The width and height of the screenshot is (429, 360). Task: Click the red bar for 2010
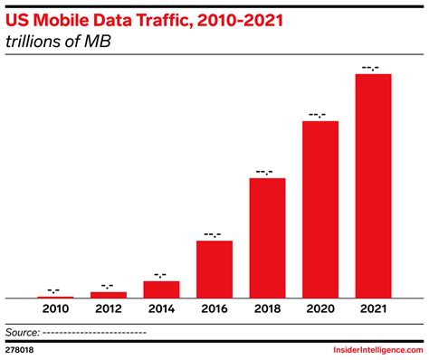55,297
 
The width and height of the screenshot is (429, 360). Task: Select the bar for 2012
109,295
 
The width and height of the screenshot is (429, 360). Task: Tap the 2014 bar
161,289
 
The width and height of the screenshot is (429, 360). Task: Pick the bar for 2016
214,270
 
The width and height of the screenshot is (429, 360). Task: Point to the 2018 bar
267,238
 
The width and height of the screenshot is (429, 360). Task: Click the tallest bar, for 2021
373,186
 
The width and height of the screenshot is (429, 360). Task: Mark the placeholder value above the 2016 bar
214,232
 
